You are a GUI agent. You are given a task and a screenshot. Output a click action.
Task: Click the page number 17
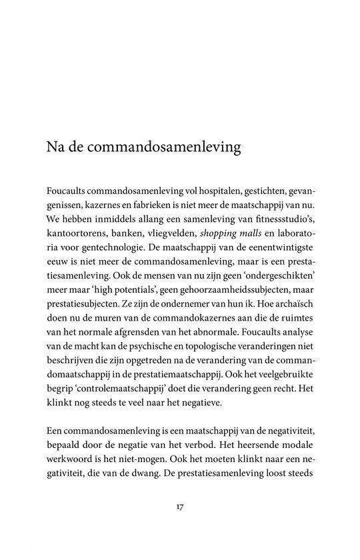click(180, 507)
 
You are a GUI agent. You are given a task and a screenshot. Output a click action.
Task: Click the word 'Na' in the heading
click(55, 147)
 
